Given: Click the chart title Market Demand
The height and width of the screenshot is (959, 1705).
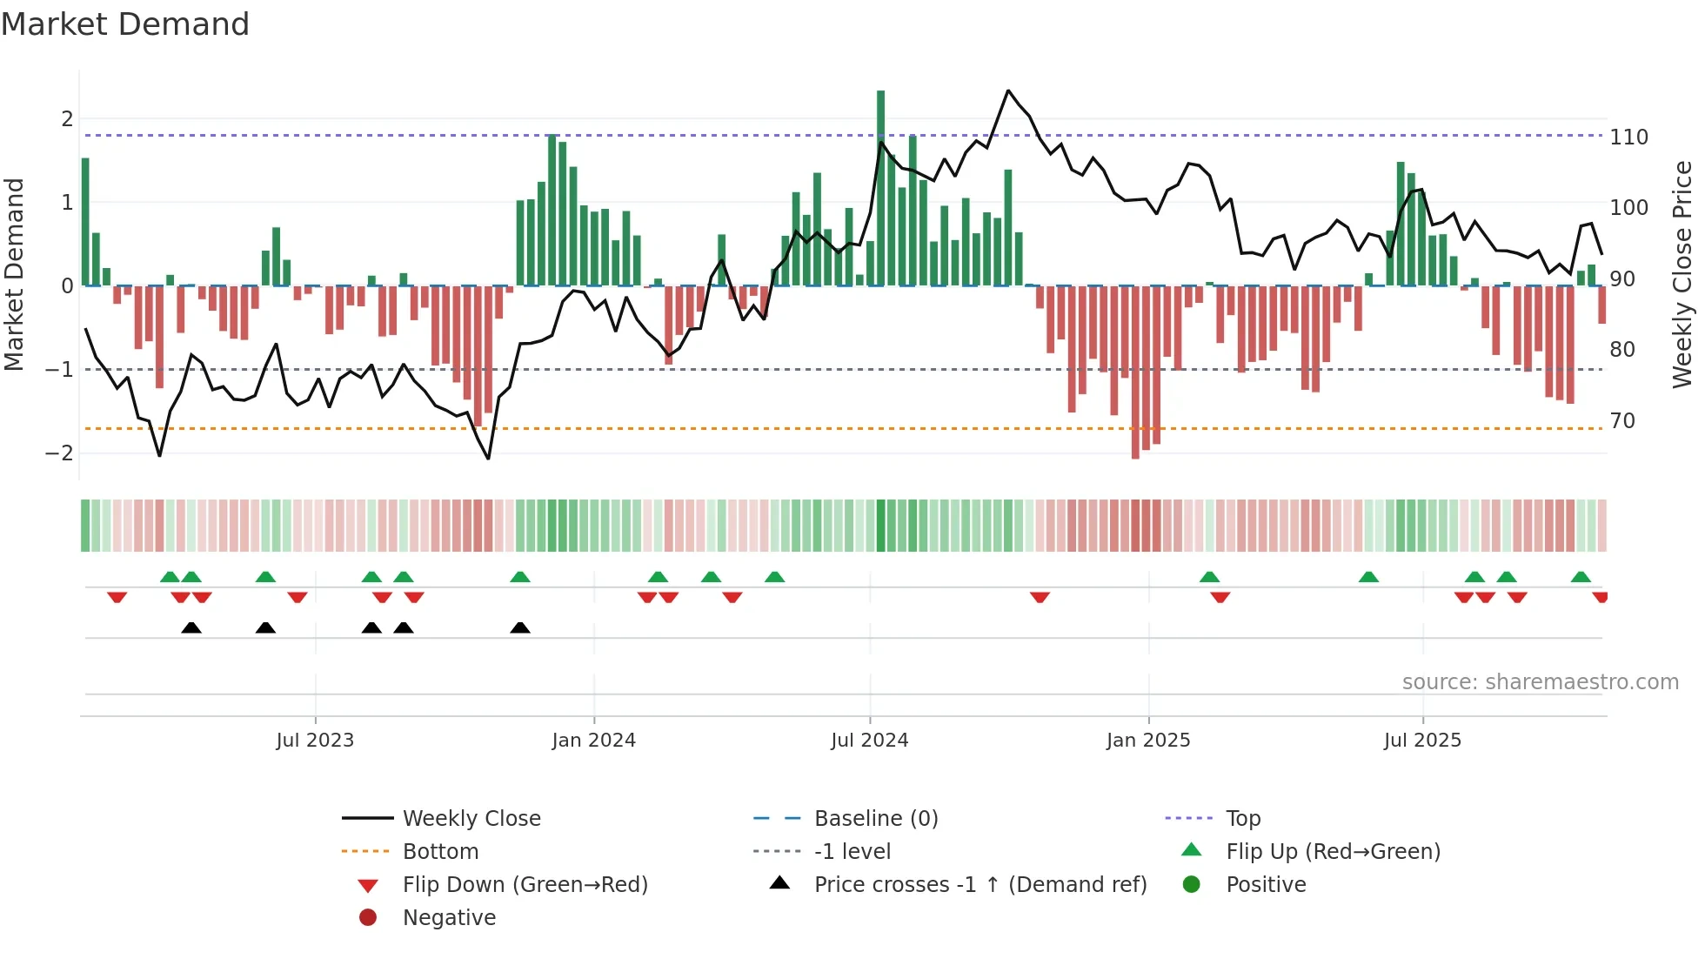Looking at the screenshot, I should coord(125,24).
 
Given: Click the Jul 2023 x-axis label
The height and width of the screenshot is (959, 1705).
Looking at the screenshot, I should coord(315,741).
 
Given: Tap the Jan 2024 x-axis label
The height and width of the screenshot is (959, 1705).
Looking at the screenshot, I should coord(593,741).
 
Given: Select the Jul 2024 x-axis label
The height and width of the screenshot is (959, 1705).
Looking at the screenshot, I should coord(869,741).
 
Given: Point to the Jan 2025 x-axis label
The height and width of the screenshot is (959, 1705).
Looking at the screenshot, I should coord(1148,741).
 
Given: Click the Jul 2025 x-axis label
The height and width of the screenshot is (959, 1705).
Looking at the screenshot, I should coord(1422,741).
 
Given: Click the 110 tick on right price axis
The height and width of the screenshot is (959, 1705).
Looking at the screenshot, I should coord(1628,137).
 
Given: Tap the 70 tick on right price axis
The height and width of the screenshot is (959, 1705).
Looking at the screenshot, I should coord(1622,421).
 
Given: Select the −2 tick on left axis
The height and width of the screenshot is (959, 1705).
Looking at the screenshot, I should coord(59,453).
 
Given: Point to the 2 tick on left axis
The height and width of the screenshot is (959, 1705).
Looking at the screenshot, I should coord(67,119).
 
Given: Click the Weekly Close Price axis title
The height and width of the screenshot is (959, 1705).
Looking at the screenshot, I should coord(1682,274).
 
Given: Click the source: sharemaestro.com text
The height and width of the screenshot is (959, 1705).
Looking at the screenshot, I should coord(1540,682).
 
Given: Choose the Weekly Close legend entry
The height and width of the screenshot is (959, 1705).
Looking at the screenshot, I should coord(471,819).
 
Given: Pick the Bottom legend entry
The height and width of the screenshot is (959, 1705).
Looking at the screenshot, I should coord(440,852).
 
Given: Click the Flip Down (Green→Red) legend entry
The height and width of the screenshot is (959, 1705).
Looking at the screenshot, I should coord(525,885).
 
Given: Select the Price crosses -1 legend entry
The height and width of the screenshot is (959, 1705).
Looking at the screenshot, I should coord(980,885).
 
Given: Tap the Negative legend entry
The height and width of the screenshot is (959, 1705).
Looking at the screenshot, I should coord(449,918).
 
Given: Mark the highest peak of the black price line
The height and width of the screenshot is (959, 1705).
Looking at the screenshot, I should coord(1008,91).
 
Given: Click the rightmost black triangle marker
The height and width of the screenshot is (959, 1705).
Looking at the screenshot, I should coord(520,628).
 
